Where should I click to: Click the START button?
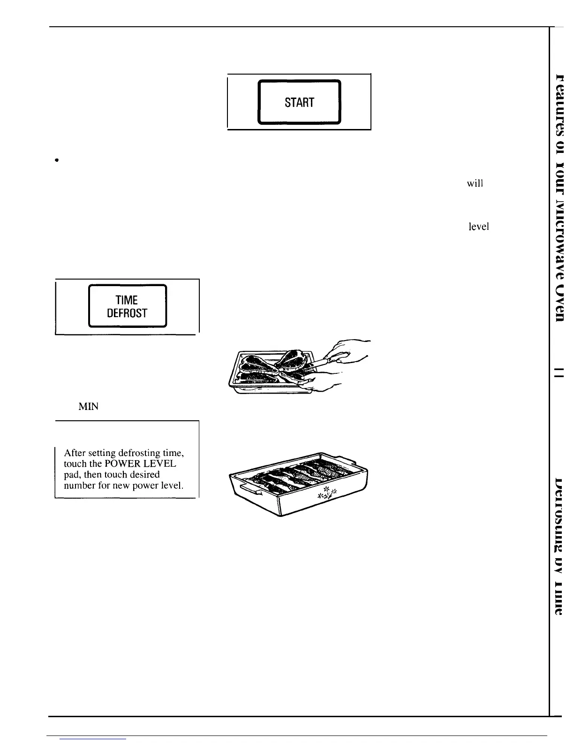click(x=299, y=102)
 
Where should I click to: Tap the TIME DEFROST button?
click(x=128, y=306)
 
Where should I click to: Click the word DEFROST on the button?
click(x=127, y=313)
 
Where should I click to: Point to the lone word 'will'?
click(x=475, y=184)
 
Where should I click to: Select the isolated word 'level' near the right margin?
click(x=478, y=227)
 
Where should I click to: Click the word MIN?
click(x=88, y=407)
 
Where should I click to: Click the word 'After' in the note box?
click(x=75, y=453)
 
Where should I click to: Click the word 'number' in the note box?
click(x=80, y=485)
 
